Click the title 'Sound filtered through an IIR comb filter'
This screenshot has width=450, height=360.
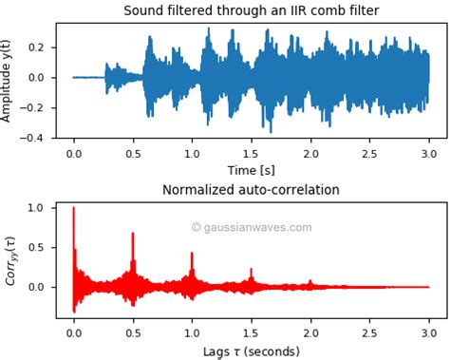(x=251, y=10)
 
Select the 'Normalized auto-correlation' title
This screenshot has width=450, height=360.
(x=251, y=190)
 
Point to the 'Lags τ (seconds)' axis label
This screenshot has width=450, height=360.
(x=251, y=352)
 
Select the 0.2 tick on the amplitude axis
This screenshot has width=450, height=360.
(x=36, y=47)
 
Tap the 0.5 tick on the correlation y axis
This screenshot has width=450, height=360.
(x=36, y=247)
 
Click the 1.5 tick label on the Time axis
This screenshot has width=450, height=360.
(x=251, y=153)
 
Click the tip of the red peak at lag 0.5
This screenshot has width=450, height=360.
(x=133, y=233)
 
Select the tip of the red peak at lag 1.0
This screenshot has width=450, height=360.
(x=192, y=253)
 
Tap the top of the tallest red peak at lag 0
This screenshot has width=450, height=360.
(x=74, y=208)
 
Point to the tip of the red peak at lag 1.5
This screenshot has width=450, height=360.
(x=252, y=269)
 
